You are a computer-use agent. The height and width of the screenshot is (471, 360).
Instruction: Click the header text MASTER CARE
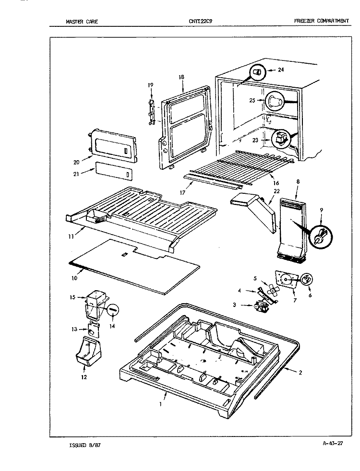tap(82, 21)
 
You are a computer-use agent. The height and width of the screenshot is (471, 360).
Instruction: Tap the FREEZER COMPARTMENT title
tap(322, 21)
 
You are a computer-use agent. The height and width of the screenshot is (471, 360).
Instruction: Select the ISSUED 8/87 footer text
tap(85, 445)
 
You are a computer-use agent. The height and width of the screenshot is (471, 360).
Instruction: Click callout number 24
tap(281, 70)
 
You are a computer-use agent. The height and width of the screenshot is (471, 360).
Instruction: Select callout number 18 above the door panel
tap(181, 77)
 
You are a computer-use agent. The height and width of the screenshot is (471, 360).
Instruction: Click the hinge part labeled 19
tap(152, 112)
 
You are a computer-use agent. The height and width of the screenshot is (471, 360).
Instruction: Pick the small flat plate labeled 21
tap(114, 171)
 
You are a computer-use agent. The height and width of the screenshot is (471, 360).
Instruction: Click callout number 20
tap(76, 162)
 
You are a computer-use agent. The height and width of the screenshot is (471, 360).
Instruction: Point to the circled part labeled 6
tap(307, 280)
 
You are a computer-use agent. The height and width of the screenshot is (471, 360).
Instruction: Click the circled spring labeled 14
tap(113, 309)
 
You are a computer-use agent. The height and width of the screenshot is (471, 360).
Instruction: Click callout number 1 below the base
tap(160, 404)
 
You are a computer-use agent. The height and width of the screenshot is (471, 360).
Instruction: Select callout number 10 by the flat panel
tap(74, 278)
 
